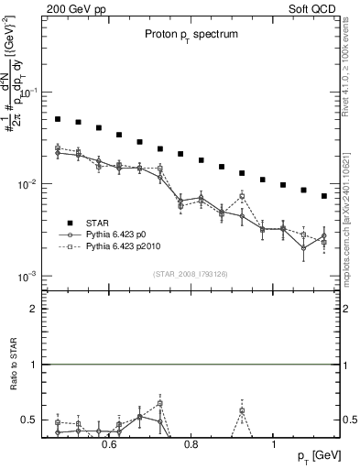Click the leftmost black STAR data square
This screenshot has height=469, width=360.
57,119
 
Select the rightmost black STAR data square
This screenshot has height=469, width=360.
324,196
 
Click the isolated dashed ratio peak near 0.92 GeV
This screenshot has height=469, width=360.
242,410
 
